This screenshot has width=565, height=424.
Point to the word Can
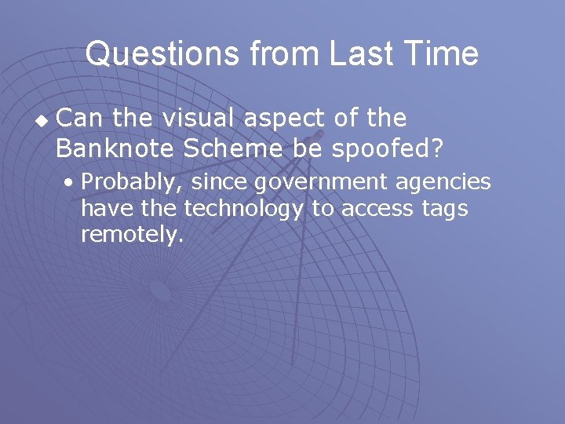point(81,119)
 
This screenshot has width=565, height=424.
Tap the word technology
point(242,210)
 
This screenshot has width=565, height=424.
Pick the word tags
point(446,210)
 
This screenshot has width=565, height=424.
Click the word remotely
point(130,235)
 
